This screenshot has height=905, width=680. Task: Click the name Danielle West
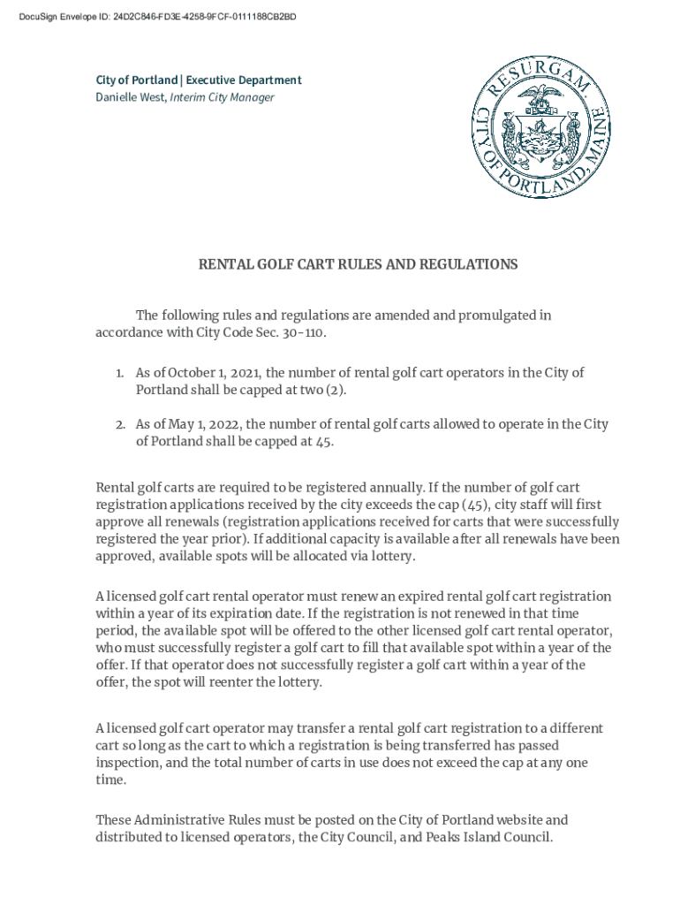(131, 97)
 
